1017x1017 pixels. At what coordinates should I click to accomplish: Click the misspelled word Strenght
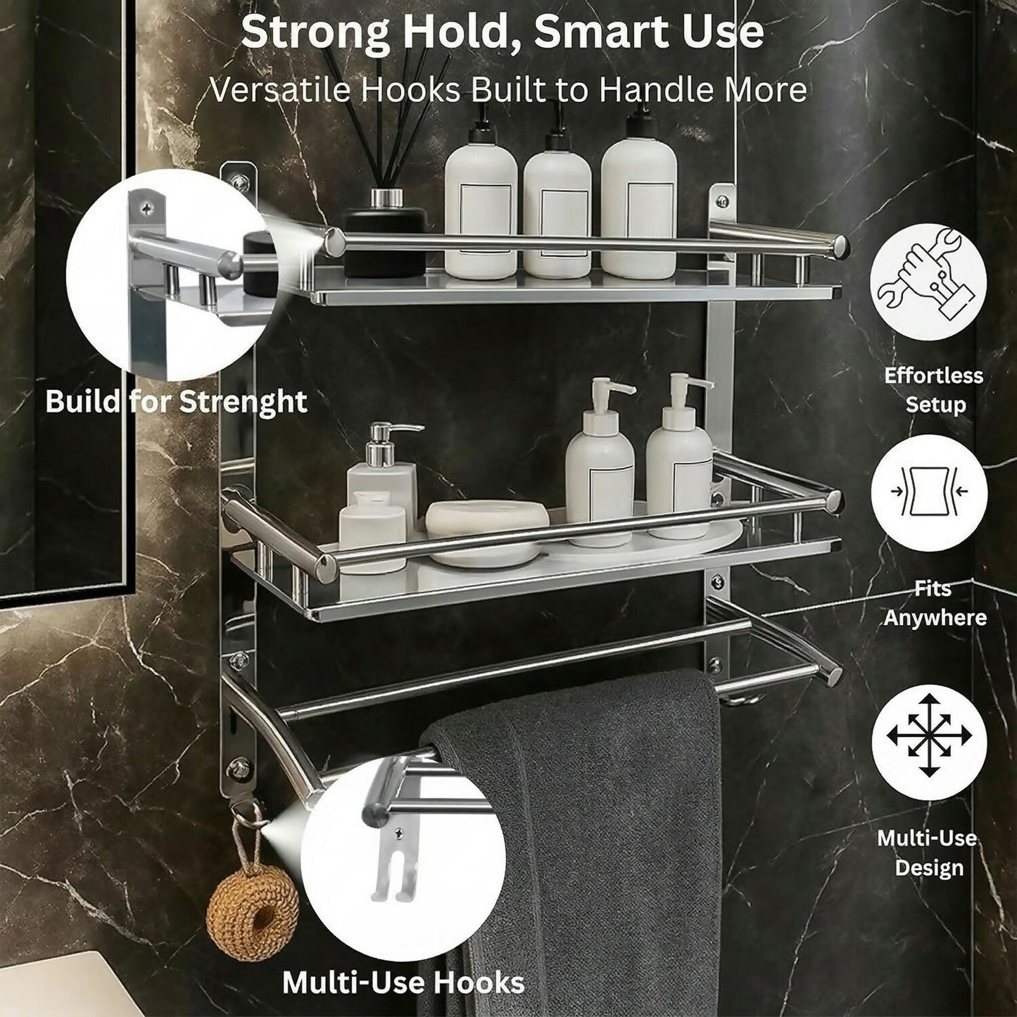point(244,403)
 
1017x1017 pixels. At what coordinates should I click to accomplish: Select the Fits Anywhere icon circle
point(928,492)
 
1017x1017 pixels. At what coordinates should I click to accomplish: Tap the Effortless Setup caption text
point(934,390)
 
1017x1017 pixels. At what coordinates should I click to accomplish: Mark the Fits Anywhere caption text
point(934,603)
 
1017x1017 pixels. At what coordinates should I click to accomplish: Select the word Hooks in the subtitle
point(412,90)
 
